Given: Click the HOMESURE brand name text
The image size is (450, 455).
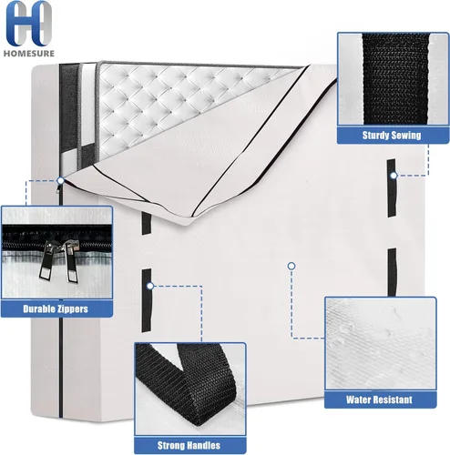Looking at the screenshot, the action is pyautogui.click(x=29, y=54).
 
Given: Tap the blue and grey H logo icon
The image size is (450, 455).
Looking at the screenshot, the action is pyautogui.click(x=28, y=24).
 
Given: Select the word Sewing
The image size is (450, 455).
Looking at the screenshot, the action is pyautogui.click(x=406, y=136).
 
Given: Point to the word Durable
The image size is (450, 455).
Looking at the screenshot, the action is pyautogui.click(x=38, y=308).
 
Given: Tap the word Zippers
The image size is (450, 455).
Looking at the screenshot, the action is pyautogui.click(x=72, y=309).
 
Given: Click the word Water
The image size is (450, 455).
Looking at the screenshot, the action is pyautogui.click(x=357, y=399).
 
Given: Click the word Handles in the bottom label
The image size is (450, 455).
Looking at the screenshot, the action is pyautogui.click(x=203, y=445).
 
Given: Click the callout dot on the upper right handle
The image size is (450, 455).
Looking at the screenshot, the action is pyautogui.click(x=394, y=176).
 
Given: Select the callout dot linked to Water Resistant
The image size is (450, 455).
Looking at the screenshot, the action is pyautogui.click(x=291, y=266).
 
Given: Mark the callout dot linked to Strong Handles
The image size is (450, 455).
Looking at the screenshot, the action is pyautogui.click(x=150, y=286).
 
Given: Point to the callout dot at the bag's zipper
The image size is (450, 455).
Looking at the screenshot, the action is pyautogui.click(x=61, y=181).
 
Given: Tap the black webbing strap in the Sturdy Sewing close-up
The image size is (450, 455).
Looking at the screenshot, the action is pyautogui.click(x=395, y=78).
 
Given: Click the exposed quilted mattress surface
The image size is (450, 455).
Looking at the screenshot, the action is pyautogui.click(x=170, y=103).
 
